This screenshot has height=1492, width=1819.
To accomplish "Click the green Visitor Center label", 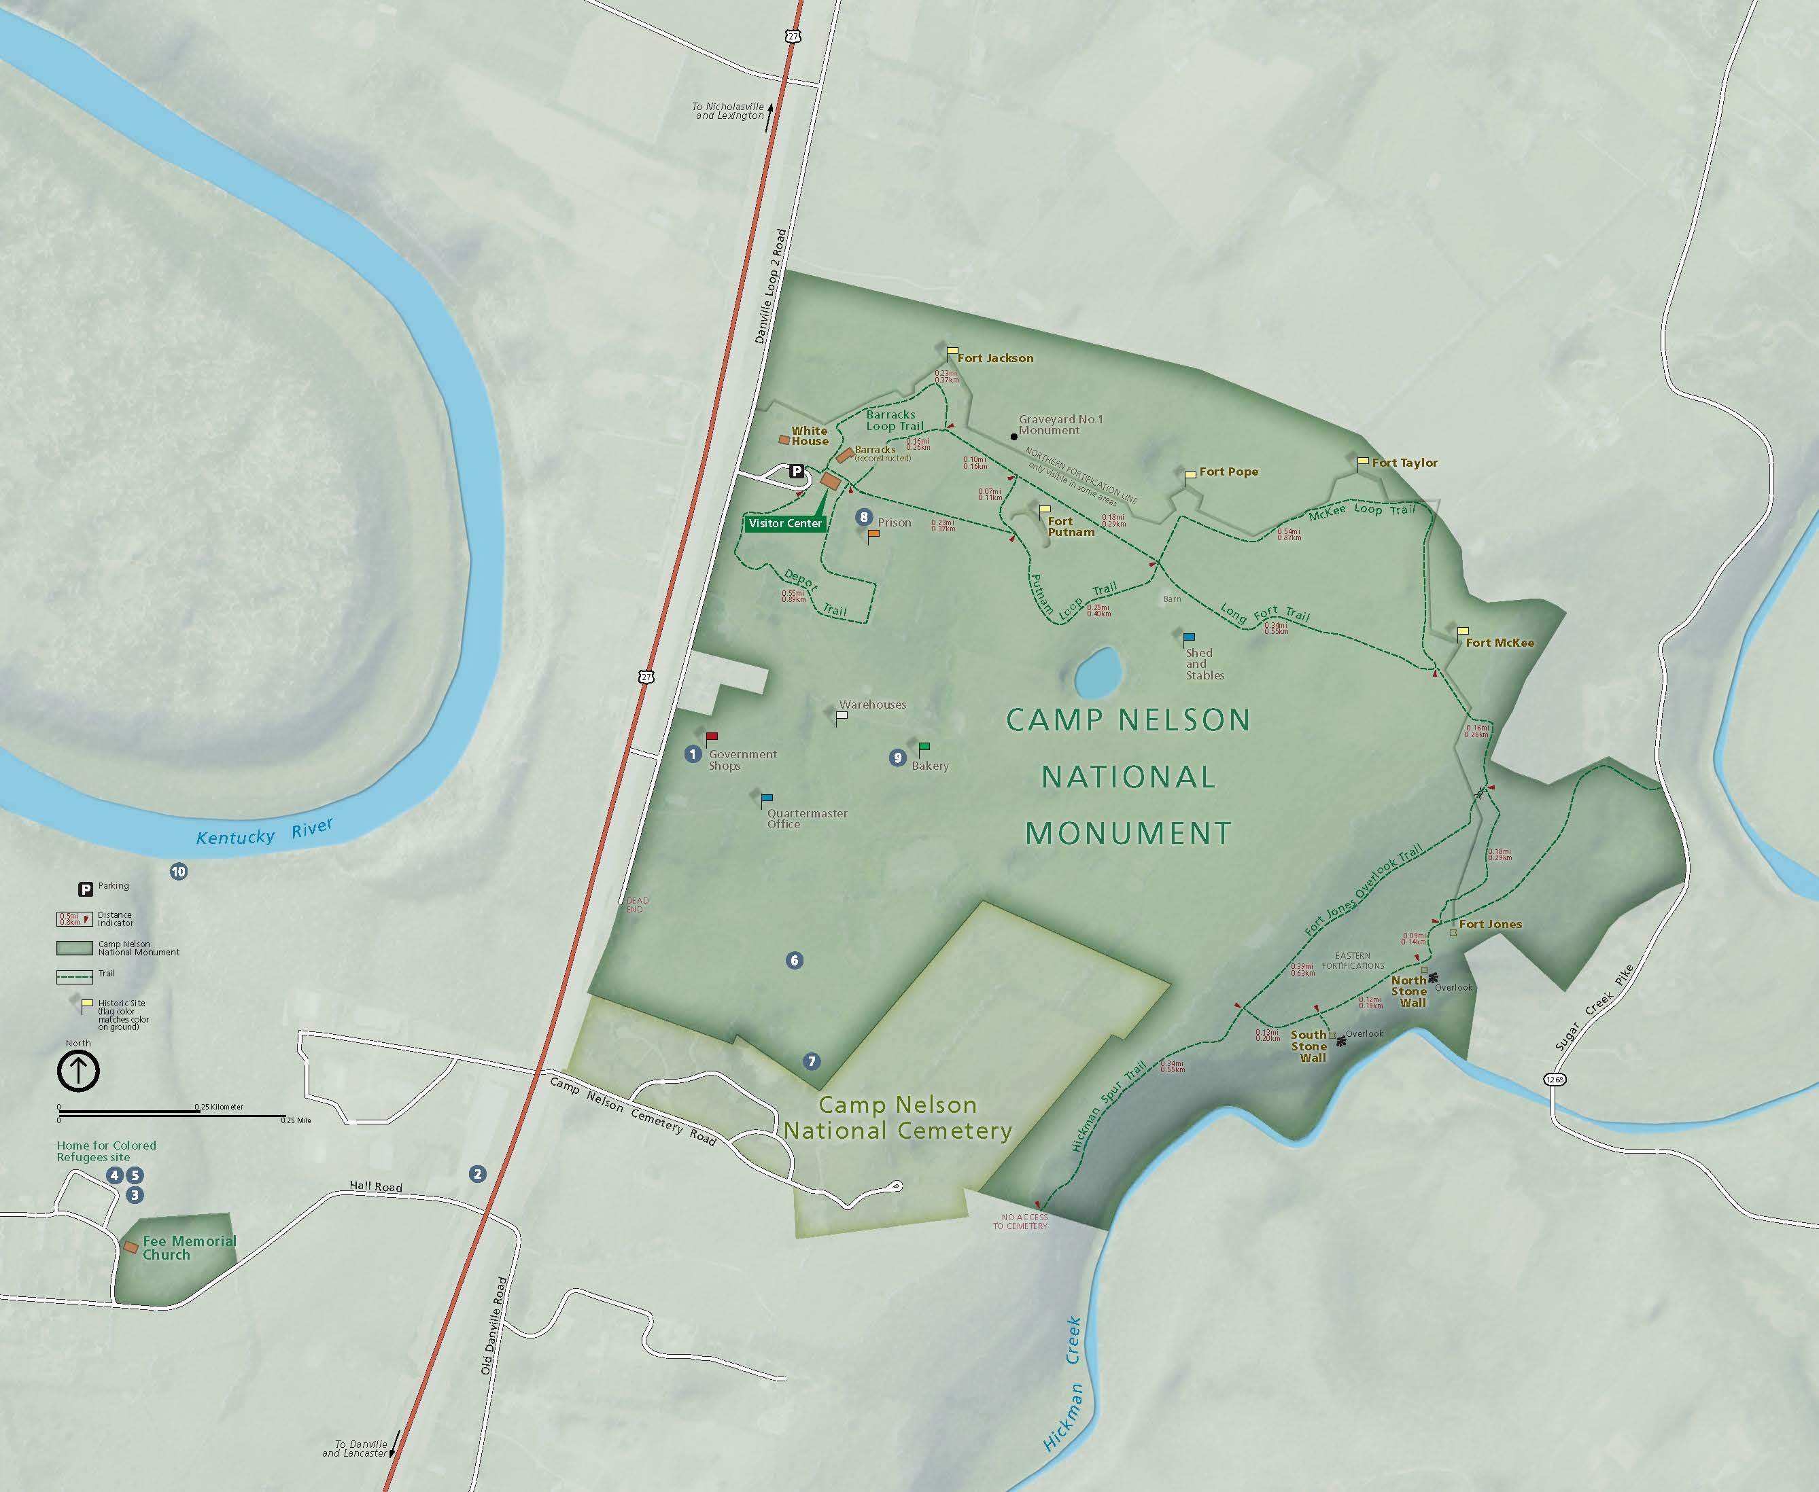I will click(785, 523).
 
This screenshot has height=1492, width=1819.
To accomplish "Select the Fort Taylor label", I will click(1404, 463).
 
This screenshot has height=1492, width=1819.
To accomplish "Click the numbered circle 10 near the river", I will click(179, 872).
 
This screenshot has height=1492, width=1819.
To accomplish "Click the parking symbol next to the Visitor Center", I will click(797, 471).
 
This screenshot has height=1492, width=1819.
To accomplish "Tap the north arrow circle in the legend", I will click(78, 1071).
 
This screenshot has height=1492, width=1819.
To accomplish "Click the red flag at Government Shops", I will click(712, 736).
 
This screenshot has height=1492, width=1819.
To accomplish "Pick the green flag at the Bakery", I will click(924, 746).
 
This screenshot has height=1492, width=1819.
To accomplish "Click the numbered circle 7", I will click(812, 1061).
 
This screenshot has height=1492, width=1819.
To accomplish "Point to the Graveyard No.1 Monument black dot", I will click(1014, 437).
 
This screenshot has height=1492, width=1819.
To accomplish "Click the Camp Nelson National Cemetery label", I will click(897, 1117).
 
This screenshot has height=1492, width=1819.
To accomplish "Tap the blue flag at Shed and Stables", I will click(1189, 638).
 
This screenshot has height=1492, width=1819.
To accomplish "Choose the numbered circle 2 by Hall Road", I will click(477, 1174).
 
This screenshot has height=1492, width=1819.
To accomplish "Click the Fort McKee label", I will click(1500, 642).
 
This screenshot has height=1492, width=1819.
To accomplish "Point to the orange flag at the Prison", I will click(873, 535).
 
